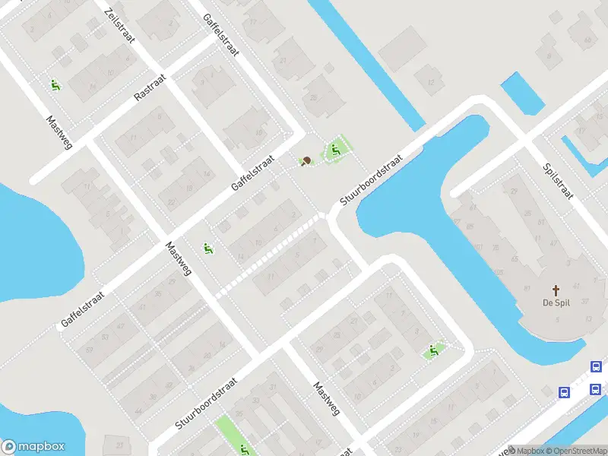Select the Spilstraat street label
558,181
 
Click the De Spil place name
556,304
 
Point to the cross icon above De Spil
556,290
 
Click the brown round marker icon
306,160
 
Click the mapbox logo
33,447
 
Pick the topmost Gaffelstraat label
221,33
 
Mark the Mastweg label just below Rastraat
59,132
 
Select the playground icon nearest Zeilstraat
55,85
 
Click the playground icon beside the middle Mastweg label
207,248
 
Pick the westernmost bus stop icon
565,392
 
